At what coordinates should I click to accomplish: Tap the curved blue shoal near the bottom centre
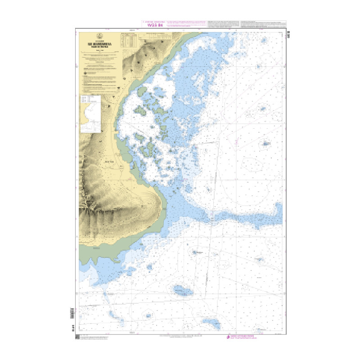(211, 323)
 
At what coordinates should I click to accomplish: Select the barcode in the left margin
(72, 312)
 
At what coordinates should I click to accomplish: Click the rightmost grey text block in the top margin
(264, 23)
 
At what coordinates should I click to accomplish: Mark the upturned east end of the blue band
(278, 208)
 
